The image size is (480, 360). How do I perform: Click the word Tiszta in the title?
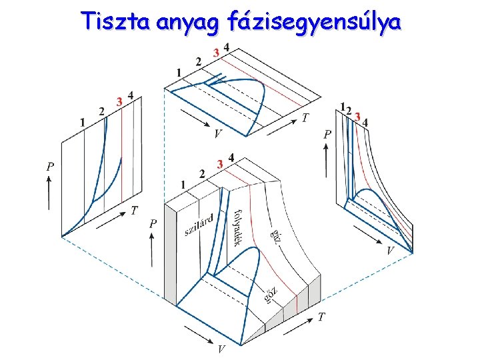(117, 22)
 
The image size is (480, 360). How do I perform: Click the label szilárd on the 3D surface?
(199, 224)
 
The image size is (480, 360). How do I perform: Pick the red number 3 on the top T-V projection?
(215, 52)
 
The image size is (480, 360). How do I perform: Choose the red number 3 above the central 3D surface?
(219, 163)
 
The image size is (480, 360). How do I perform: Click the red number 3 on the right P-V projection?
(358, 117)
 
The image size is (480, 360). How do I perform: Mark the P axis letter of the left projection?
(50, 167)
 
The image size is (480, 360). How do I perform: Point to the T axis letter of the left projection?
(135, 211)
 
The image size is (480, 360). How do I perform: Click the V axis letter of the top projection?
(218, 134)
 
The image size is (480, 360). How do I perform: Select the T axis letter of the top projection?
(305, 118)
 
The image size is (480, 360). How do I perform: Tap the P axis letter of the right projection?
(327, 134)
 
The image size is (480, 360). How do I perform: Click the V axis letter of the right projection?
(391, 251)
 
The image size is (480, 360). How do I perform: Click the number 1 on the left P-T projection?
(82, 122)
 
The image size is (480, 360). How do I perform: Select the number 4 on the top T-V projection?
(227, 47)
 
